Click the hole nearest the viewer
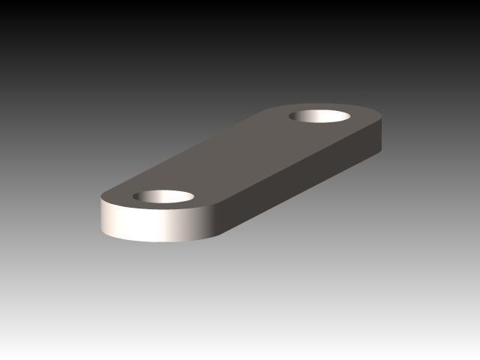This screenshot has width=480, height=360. coord(163,197)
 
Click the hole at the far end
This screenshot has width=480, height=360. coord(321,118)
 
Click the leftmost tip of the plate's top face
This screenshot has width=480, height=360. coord(100,198)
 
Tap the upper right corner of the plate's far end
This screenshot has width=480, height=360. coord(382,117)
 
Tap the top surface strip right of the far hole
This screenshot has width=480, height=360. coord(364,120)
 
